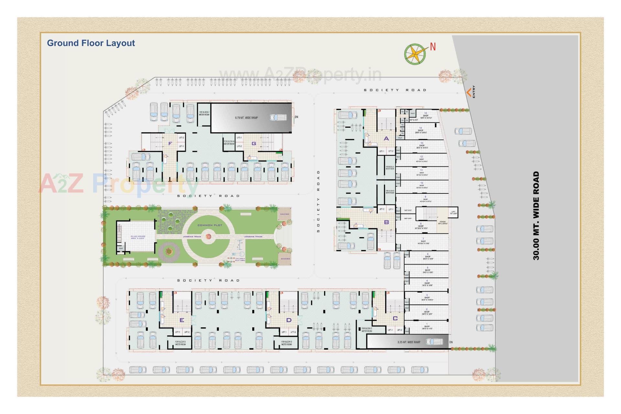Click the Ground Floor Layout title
91,43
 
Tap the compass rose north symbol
415,53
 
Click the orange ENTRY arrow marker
468,93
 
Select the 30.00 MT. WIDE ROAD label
536,215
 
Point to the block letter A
386,138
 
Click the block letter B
386,222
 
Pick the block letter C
395,318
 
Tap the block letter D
289,320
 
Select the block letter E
182,320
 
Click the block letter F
170,144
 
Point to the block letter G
254,144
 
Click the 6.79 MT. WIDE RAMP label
246,118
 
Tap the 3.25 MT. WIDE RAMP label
409,342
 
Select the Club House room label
138,237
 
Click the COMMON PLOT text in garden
210,225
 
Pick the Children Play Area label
240,259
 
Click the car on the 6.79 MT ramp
278,117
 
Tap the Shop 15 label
426,115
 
